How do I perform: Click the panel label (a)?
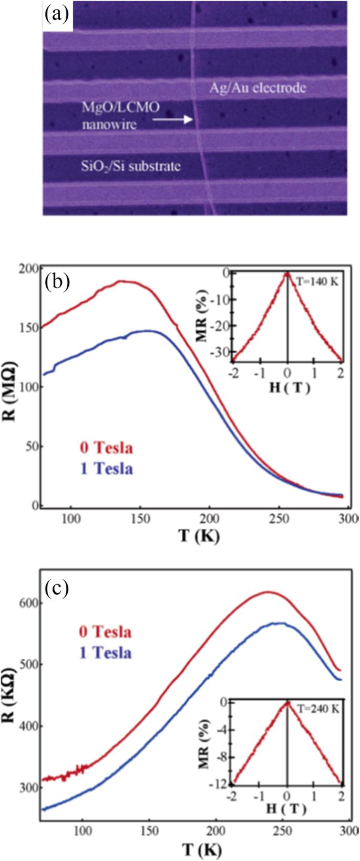[57, 14]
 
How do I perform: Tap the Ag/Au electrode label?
[258, 88]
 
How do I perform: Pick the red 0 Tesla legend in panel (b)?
[106, 448]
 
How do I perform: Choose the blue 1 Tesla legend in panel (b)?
[106, 468]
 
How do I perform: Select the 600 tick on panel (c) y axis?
[30, 603]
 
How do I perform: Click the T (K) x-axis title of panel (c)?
[202, 849]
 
